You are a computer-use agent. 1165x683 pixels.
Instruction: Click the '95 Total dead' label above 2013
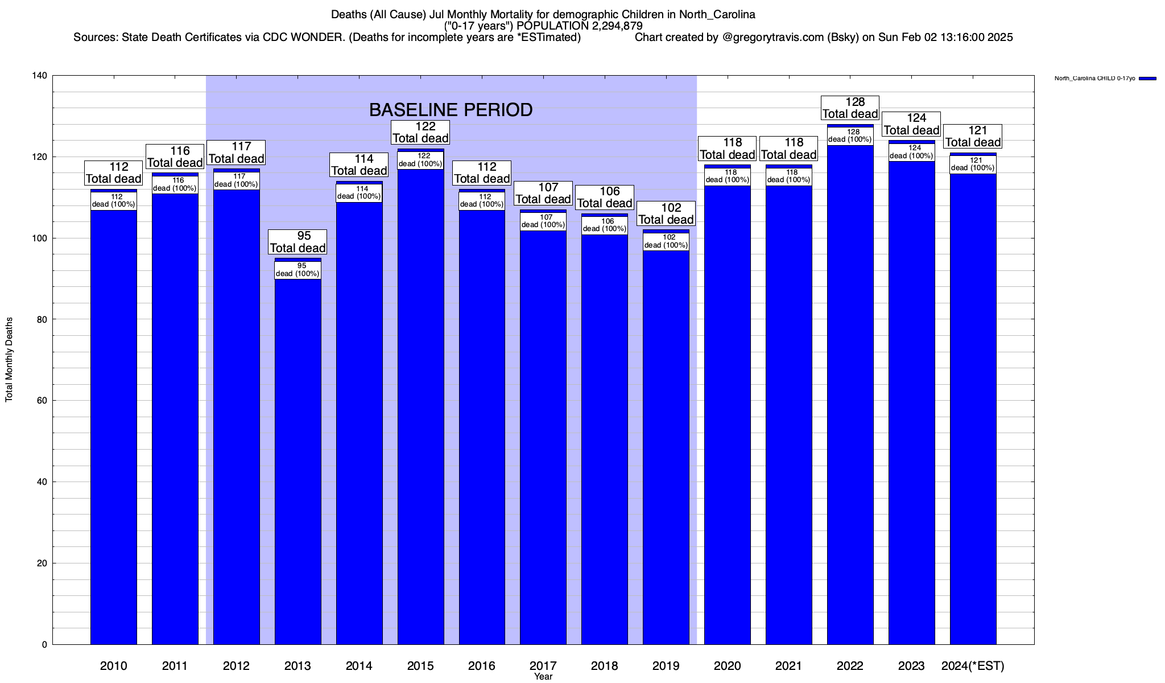(x=298, y=242)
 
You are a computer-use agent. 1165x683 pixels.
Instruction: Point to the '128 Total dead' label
(x=850, y=108)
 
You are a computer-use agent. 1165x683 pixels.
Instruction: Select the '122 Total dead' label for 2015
(x=420, y=132)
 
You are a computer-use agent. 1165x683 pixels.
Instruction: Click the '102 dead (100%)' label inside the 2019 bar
(x=666, y=241)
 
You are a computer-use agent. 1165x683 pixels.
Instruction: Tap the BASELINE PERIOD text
(x=451, y=110)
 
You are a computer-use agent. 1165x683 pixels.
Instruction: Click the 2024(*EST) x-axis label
(x=973, y=665)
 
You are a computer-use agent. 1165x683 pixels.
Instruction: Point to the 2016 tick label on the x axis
(x=481, y=665)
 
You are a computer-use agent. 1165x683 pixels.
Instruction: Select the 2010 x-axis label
(x=113, y=665)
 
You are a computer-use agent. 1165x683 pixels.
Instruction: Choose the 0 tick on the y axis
(x=44, y=645)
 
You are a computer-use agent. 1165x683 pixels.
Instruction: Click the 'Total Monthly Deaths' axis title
(x=9, y=360)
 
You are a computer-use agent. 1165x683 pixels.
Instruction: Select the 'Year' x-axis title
(x=543, y=676)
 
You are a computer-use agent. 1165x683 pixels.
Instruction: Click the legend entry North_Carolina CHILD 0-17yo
(x=1094, y=79)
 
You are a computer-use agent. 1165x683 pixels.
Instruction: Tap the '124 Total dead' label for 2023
(x=911, y=124)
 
